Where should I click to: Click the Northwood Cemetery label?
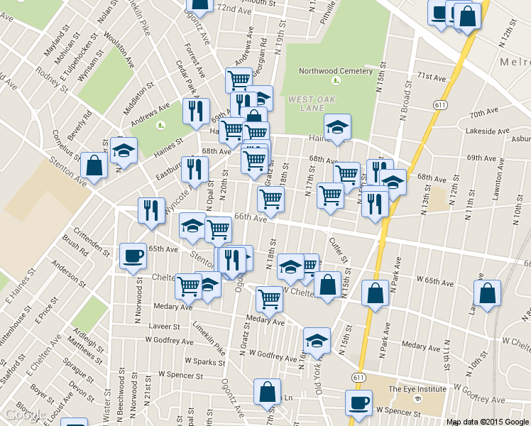[335, 71]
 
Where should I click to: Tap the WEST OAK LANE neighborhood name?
[312, 104]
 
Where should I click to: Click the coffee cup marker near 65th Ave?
[133, 256]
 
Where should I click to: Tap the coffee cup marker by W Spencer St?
[358, 403]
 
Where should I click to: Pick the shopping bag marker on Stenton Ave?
[94, 166]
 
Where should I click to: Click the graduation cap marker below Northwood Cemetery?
[337, 128]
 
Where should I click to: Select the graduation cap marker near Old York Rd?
[317, 340]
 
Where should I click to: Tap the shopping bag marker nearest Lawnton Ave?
[487, 293]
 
